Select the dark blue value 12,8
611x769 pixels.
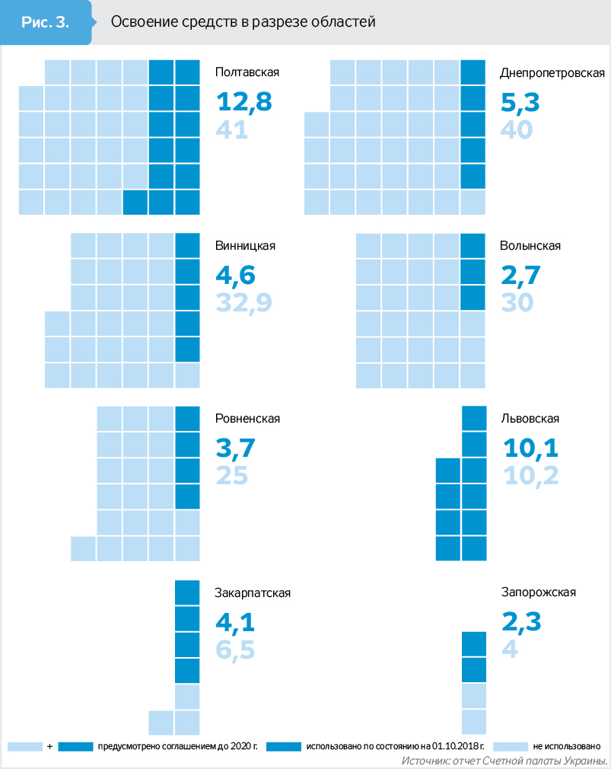click(243, 102)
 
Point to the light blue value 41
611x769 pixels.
click(232, 130)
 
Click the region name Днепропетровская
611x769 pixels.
click(552, 73)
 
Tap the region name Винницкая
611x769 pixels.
click(245, 246)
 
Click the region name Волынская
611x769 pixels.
click(530, 246)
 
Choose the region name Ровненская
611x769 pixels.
click(248, 419)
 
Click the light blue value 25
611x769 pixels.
click(232, 475)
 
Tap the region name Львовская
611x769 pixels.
click(530, 419)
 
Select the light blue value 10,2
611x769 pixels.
click(530, 475)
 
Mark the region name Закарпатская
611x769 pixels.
click(253, 592)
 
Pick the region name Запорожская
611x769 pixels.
click(538, 592)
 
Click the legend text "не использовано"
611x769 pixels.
click(568, 746)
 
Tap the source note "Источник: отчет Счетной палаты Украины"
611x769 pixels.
click(503, 761)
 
